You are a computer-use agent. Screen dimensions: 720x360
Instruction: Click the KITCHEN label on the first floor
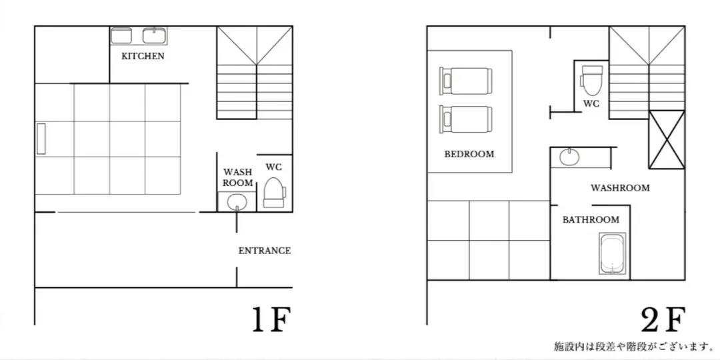(x=143, y=57)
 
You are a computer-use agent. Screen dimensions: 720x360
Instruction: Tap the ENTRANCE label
(x=265, y=251)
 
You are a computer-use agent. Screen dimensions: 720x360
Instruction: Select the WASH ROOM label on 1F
(x=238, y=177)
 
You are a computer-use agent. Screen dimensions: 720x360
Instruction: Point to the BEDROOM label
(x=469, y=154)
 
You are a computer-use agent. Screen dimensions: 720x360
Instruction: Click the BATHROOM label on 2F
(x=591, y=220)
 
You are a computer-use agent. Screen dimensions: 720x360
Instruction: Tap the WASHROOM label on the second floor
(x=620, y=188)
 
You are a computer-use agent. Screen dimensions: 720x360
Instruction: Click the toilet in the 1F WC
(x=274, y=193)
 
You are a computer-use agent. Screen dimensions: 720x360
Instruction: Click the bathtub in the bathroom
(x=613, y=254)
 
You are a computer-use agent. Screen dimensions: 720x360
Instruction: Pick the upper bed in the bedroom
(x=465, y=81)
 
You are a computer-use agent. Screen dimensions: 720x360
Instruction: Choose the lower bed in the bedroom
(x=465, y=119)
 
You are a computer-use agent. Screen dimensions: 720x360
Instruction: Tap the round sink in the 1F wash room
(x=237, y=201)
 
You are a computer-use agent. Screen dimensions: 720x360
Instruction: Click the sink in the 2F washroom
(x=569, y=157)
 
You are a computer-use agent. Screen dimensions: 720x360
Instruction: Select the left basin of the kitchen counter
(x=121, y=35)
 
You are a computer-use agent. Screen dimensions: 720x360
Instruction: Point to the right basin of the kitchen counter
(x=154, y=35)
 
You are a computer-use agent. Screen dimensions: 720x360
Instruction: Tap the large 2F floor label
(x=663, y=319)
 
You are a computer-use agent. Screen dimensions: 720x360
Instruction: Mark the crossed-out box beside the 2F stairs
(x=666, y=139)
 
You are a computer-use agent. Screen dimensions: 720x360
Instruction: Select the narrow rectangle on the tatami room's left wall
(x=41, y=139)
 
